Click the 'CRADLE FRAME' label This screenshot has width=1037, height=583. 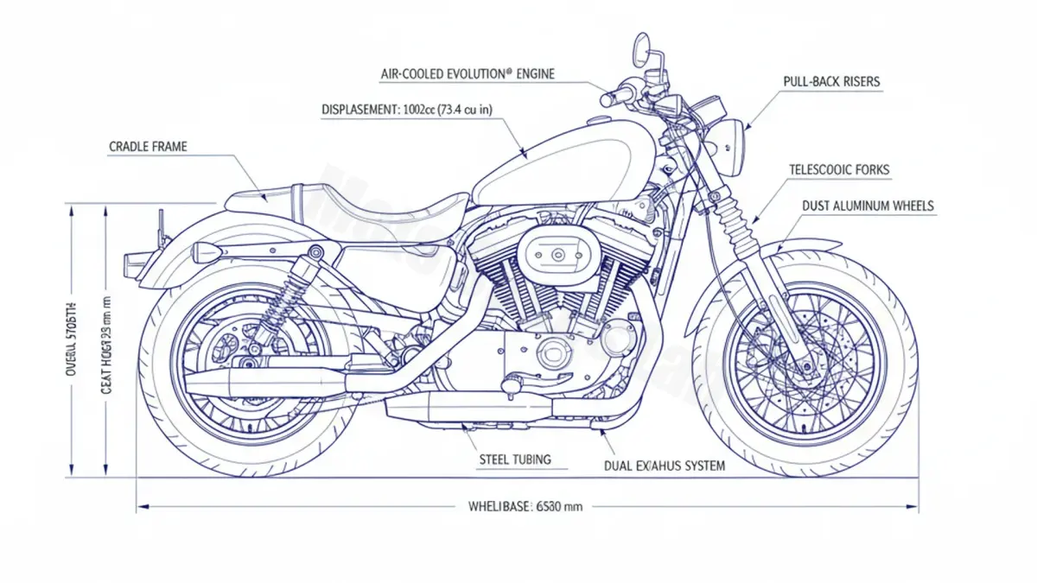[148, 147]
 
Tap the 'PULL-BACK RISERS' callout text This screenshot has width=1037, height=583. [831, 82]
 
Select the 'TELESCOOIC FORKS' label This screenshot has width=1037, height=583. [839, 170]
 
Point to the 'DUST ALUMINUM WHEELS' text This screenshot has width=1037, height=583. [868, 206]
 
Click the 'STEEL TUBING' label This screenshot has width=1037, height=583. [514, 459]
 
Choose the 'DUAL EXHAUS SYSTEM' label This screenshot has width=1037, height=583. [665, 466]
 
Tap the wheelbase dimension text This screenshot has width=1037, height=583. [519, 507]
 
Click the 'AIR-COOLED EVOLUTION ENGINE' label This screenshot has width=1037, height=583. [468, 74]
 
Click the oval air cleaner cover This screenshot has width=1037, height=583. [557, 253]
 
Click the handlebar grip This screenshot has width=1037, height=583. [610, 98]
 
